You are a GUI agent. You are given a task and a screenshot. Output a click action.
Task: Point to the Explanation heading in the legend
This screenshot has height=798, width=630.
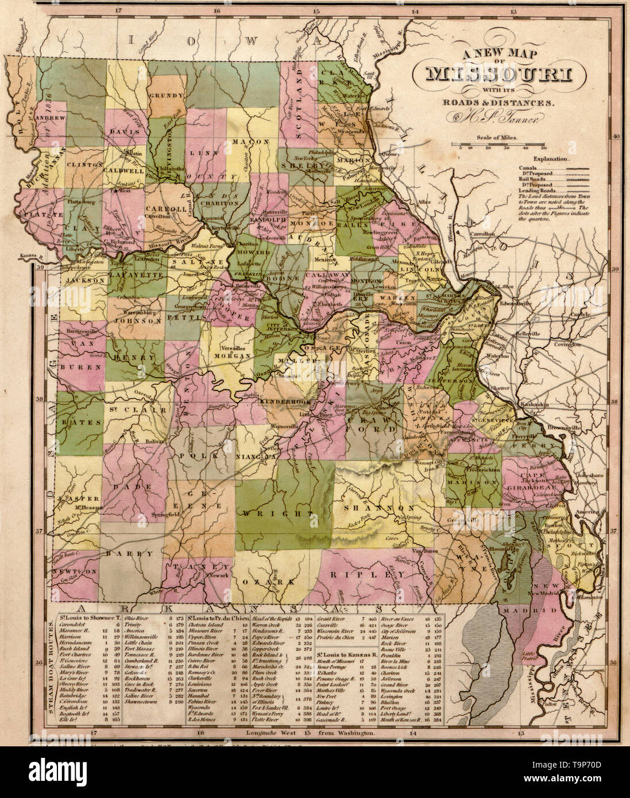point(551,157)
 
